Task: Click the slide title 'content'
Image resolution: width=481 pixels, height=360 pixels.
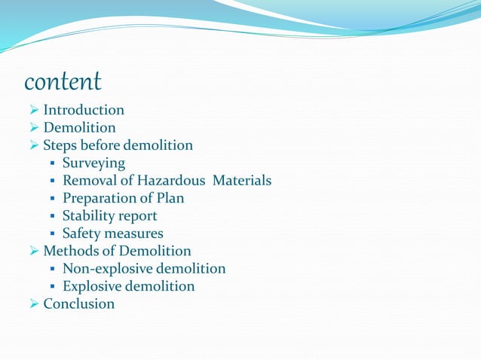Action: (63, 81)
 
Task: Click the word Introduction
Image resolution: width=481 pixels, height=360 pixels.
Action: (84, 110)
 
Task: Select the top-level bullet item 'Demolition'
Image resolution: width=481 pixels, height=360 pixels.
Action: (79, 128)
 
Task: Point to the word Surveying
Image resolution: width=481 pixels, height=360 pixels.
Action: (93, 163)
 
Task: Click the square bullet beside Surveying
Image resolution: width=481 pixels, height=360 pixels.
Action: (52, 163)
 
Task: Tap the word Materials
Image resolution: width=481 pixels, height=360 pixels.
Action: (241, 181)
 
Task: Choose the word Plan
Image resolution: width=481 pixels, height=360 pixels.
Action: (170, 198)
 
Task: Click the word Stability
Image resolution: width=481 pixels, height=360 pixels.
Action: (87, 216)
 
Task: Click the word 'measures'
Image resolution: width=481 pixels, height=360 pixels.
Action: (134, 234)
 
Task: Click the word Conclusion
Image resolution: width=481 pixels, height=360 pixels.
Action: (79, 304)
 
